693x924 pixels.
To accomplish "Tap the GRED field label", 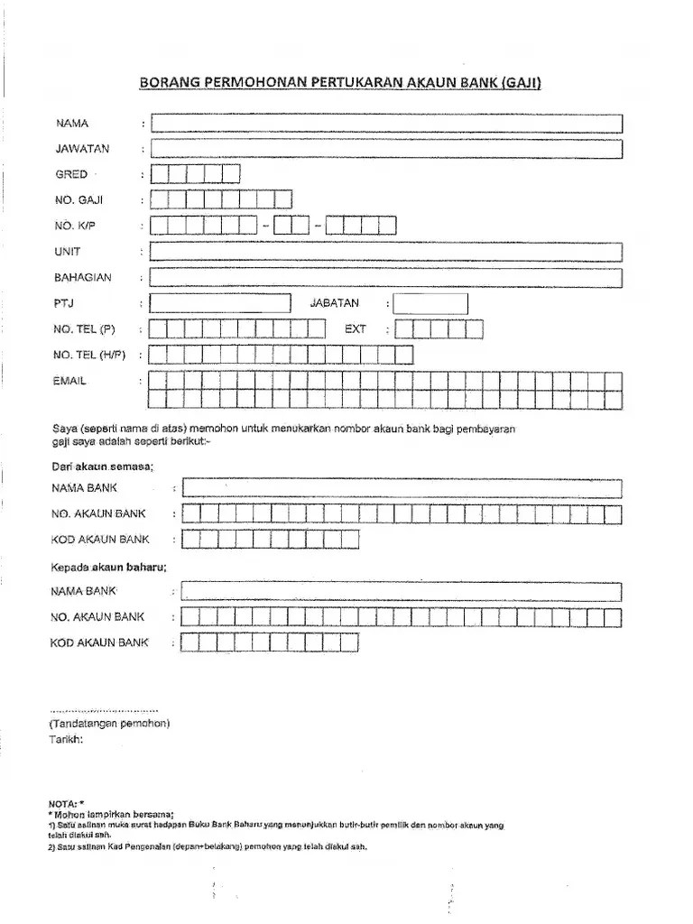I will (x=71, y=174).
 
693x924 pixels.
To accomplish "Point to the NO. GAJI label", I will (x=79, y=200).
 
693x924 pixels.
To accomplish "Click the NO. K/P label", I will (x=75, y=226).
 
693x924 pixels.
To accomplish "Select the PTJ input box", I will (x=220, y=304).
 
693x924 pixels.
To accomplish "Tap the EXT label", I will (x=356, y=329).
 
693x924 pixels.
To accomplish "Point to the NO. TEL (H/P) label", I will (x=91, y=355).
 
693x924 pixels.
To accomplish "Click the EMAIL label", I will (x=70, y=382).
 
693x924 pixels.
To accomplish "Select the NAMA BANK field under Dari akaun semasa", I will (x=402, y=488).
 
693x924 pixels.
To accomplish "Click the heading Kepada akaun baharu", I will (x=108, y=568).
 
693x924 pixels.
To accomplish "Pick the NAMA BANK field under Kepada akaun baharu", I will (x=402, y=592).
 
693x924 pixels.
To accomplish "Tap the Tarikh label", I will (x=65, y=739).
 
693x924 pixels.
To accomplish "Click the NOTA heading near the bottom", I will (x=66, y=802).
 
